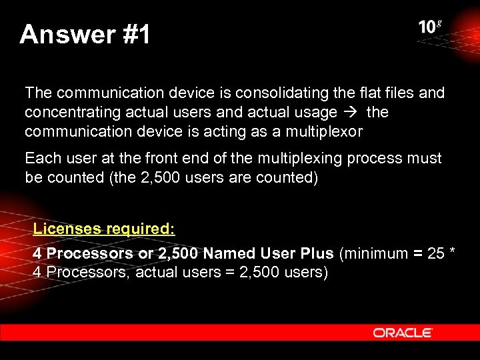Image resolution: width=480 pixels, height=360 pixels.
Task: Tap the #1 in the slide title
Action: pyautogui.click(x=137, y=34)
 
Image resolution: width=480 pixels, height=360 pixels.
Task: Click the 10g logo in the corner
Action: pyautogui.click(x=430, y=27)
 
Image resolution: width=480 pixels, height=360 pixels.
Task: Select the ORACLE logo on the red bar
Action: pyautogui.click(x=403, y=333)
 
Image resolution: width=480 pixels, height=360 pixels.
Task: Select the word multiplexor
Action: pyautogui.click(x=325, y=131)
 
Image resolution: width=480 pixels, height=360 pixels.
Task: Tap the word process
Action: pyautogui.click(x=365, y=159)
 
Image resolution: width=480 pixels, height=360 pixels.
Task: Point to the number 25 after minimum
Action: pyautogui.click(x=436, y=253)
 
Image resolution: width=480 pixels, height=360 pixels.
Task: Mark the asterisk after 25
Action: pyautogui.click(x=452, y=252)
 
